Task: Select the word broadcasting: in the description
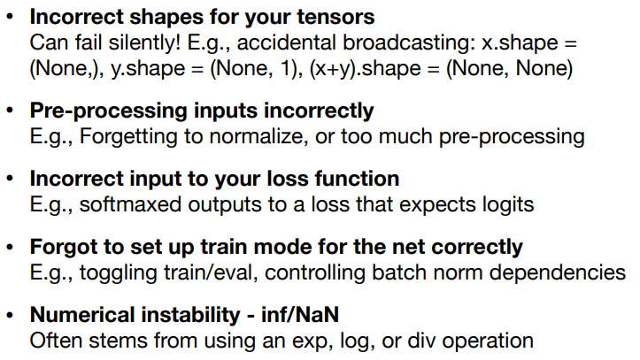click(409, 42)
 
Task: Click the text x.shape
click(520, 42)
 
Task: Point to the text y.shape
click(148, 68)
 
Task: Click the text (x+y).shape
click(366, 68)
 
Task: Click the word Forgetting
click(128, 136)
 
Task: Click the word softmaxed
click(130, 204)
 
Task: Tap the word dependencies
click(558, 272)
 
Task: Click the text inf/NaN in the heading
click(300, 315)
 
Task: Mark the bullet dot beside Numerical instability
click(10, 315)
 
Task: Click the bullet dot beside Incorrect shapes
click(10, 18)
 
